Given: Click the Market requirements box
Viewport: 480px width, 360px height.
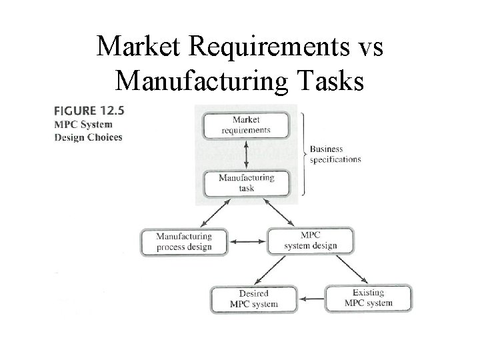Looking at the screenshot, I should coord(246,125).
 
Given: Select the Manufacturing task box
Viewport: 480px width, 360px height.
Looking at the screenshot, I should coord(246,183).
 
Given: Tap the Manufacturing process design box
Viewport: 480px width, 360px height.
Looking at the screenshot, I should coord(184,241).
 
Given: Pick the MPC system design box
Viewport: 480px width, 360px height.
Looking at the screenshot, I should coord(311,241).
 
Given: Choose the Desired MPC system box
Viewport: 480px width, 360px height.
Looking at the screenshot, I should coord(253,298).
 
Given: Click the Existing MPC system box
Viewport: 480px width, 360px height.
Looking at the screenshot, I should coord(368,298).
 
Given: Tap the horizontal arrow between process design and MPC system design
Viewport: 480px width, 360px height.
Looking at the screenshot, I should coord(247,241).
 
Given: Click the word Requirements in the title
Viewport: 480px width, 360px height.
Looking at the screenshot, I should coord(267,47).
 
